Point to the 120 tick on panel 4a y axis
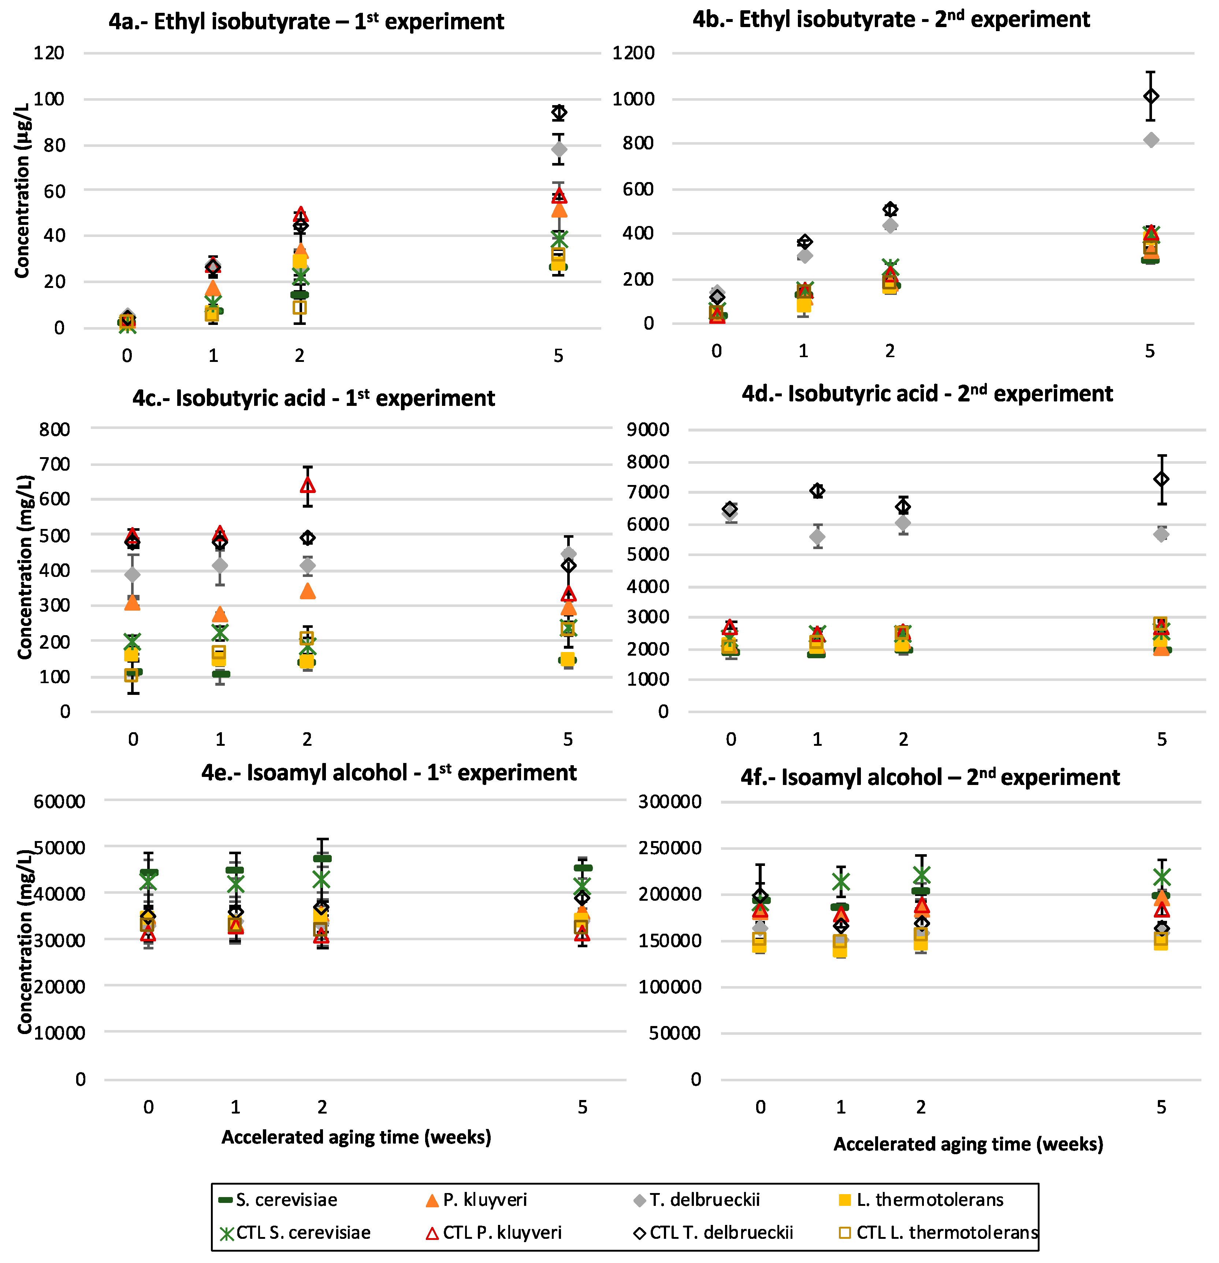[x=49, y=53]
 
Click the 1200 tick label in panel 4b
[x=633, y=53]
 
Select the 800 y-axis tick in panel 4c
[x=55, y=429]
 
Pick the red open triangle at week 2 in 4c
[x=308, y=485]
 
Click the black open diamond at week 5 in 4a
[x=559, y=113]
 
